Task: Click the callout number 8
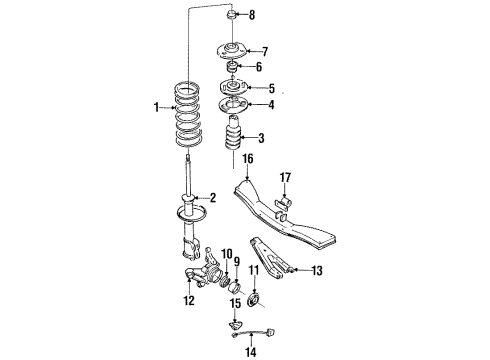tap(252, 15)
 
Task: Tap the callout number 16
tap(247, 157)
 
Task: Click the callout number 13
tap(317, 269)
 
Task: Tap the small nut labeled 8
tap(231, 14)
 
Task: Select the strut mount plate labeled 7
tap(230, 49)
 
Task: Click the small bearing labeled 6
tap(231, 67)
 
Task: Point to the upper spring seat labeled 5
tap(232, 87)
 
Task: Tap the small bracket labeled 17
tap(284, 206)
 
